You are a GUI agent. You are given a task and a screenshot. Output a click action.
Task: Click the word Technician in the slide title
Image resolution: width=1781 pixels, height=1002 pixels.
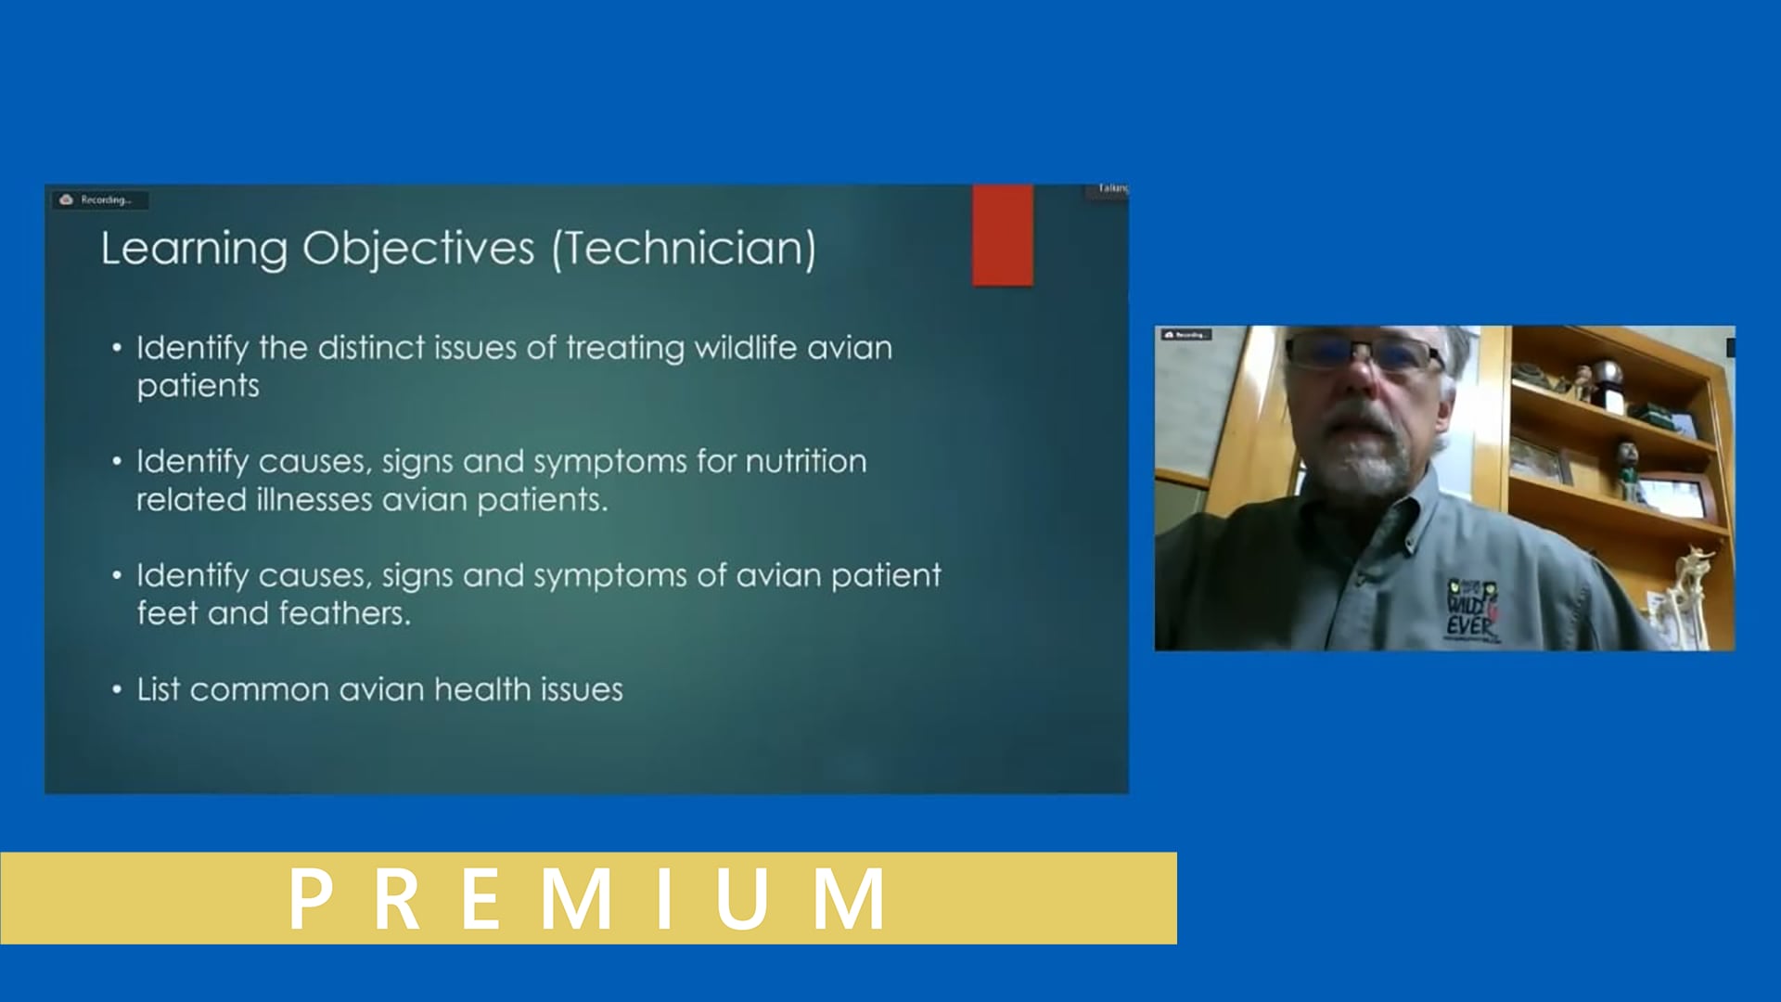coord(685,249)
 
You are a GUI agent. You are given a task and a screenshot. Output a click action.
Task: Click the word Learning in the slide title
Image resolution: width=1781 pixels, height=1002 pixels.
coord(194,249)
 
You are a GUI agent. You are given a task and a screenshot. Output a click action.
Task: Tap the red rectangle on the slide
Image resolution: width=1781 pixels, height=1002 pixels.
coord(1002,235)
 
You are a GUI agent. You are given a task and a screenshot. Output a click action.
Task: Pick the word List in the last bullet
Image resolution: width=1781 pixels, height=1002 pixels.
coord(158,689)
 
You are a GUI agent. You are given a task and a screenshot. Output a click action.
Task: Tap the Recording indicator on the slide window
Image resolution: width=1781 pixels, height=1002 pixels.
coord(98,199)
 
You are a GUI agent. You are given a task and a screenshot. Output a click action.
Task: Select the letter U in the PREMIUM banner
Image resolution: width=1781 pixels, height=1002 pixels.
coord(741,898)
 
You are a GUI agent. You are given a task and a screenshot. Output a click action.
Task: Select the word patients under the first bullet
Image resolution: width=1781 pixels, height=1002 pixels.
coord(198,386)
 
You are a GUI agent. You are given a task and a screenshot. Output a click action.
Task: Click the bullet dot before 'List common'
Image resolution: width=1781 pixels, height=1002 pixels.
coord(117,689)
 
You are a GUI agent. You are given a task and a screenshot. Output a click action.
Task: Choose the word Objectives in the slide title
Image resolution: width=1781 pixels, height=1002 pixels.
coord(418,249)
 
